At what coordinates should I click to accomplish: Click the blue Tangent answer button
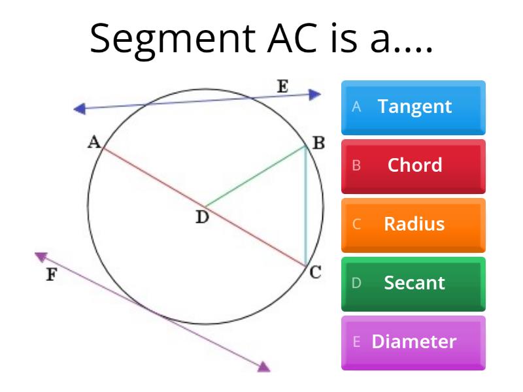pyautogui.click(x=413, y=106)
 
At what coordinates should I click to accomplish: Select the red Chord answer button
pyautogui.click(x=413, y=165)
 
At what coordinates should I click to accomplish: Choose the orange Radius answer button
pyautogui.click(x=413, y=224)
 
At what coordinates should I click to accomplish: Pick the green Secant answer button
pyautogui.click(x=413, y=283)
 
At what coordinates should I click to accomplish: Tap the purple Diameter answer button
pyautogui.click(x=413, y=342)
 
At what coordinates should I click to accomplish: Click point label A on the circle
pyautogui.click(x=93, y=142)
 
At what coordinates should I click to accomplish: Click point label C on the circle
pyautogui.click(x=315, y=272)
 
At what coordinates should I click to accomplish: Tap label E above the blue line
pyautogui.click(x=282, y=86)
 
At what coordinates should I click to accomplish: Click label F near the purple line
pyautogui.click(x=50, y=275)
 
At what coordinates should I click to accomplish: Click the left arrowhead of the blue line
pyautogui.click(x=80, y=109)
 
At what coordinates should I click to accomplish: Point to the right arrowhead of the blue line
pyautogui.click(x=316, y=95)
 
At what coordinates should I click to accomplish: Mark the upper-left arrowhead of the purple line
pyautogui.click(x=41, y=257)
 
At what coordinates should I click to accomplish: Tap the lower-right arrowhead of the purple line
pyautogui.click(x=263, y=367)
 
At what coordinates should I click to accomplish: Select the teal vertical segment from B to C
pyautogui.click(x=305, y=206)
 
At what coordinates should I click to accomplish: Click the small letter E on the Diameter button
pyautogui.click(x=357, y=342)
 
